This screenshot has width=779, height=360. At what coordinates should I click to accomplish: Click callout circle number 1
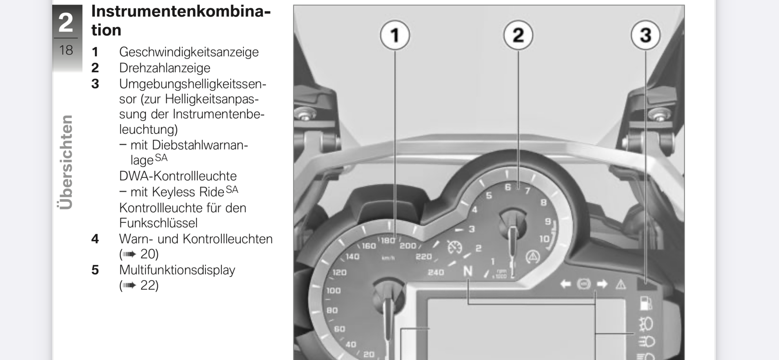pyautogui.click(x=395, y=35)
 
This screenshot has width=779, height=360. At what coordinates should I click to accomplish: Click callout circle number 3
pyautogui.click(x=646, y=35)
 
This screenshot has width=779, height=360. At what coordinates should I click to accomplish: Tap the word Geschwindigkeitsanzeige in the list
pyautogui.click(x=189, y=52)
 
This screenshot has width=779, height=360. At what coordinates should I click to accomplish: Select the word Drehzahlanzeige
pyautogui.click(x=165, y=68)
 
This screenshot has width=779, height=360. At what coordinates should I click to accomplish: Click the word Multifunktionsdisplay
pyautogui.click(x=177, y=270)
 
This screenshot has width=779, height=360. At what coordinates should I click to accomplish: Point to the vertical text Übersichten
pyautogui.click(x=65, y=162)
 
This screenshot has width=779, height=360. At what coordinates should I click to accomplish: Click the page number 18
pyautogui.click(x=66, y=50)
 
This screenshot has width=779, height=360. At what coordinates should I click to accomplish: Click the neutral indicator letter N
pyautogui.click(x=468, y=271)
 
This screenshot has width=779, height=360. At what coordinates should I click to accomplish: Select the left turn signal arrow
pyautogui.click(x=565, y=284)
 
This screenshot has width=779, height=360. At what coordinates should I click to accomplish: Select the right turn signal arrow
pyautogui.click(x=602, y=284)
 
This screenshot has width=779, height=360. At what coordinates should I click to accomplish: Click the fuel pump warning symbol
pyautogui.click(x=646, y=303)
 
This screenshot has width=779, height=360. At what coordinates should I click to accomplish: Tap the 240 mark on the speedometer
pyautogui.click(x=436, y=272)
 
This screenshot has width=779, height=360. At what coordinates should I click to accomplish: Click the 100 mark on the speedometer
pyautogui.click(x=334, y=291)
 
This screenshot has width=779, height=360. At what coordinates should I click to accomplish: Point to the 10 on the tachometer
pyautogui.click(x=545, y=239)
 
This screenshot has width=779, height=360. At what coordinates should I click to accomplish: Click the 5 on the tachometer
pyautogui.click(x=489, y=195)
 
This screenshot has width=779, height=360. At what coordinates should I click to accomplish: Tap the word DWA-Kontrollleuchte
pyautogui.click(x=178, y=176)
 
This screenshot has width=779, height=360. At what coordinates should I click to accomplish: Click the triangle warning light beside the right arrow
pyautogui.click(x=620, y=284)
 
